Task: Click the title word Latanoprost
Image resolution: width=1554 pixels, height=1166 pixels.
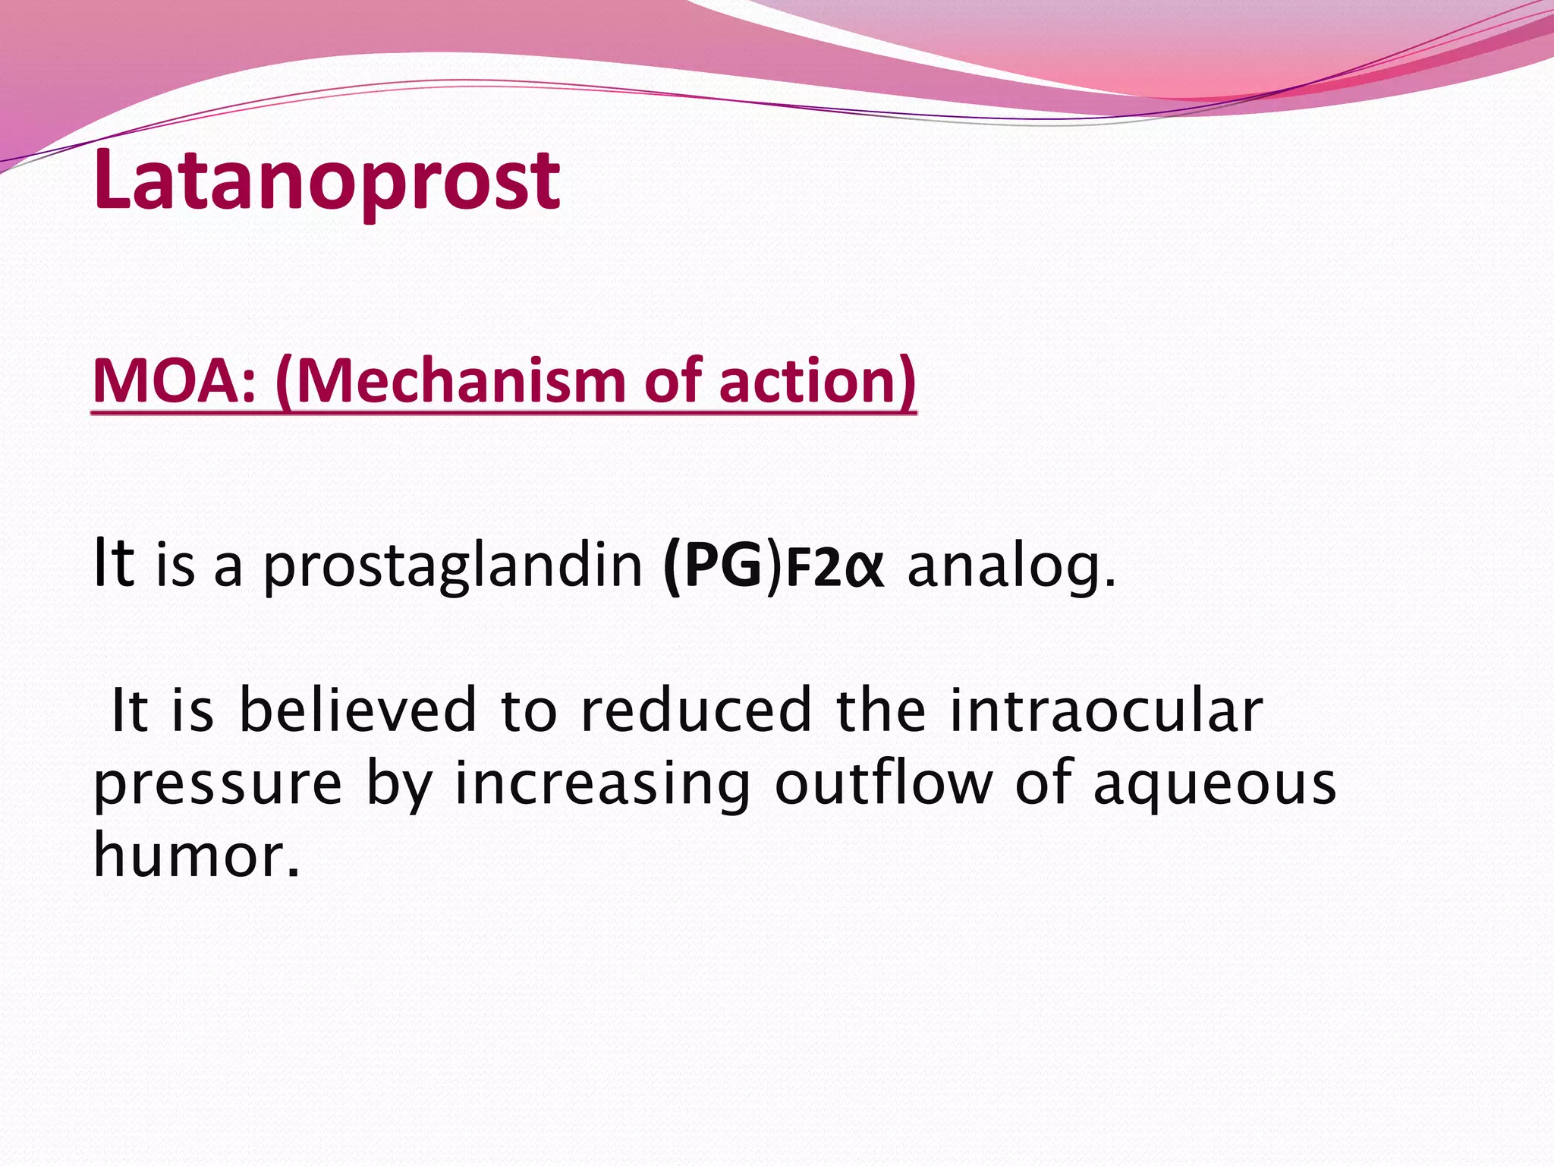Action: (326, 181)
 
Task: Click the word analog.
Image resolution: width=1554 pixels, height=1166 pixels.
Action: (1011, 566)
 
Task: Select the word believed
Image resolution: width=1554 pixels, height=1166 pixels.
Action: (357, 711)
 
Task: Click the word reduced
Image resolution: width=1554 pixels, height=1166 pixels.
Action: (696, 711)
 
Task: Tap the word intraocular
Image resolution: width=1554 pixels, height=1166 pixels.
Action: (1106, 711)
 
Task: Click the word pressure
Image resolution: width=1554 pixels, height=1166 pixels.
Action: (218, 785)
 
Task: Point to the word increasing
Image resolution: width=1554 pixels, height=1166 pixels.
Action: (602, 785)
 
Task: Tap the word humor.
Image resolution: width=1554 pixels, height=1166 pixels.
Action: (196, 855)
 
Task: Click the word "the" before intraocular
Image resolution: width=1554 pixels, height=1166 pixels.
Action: (880, 711)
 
